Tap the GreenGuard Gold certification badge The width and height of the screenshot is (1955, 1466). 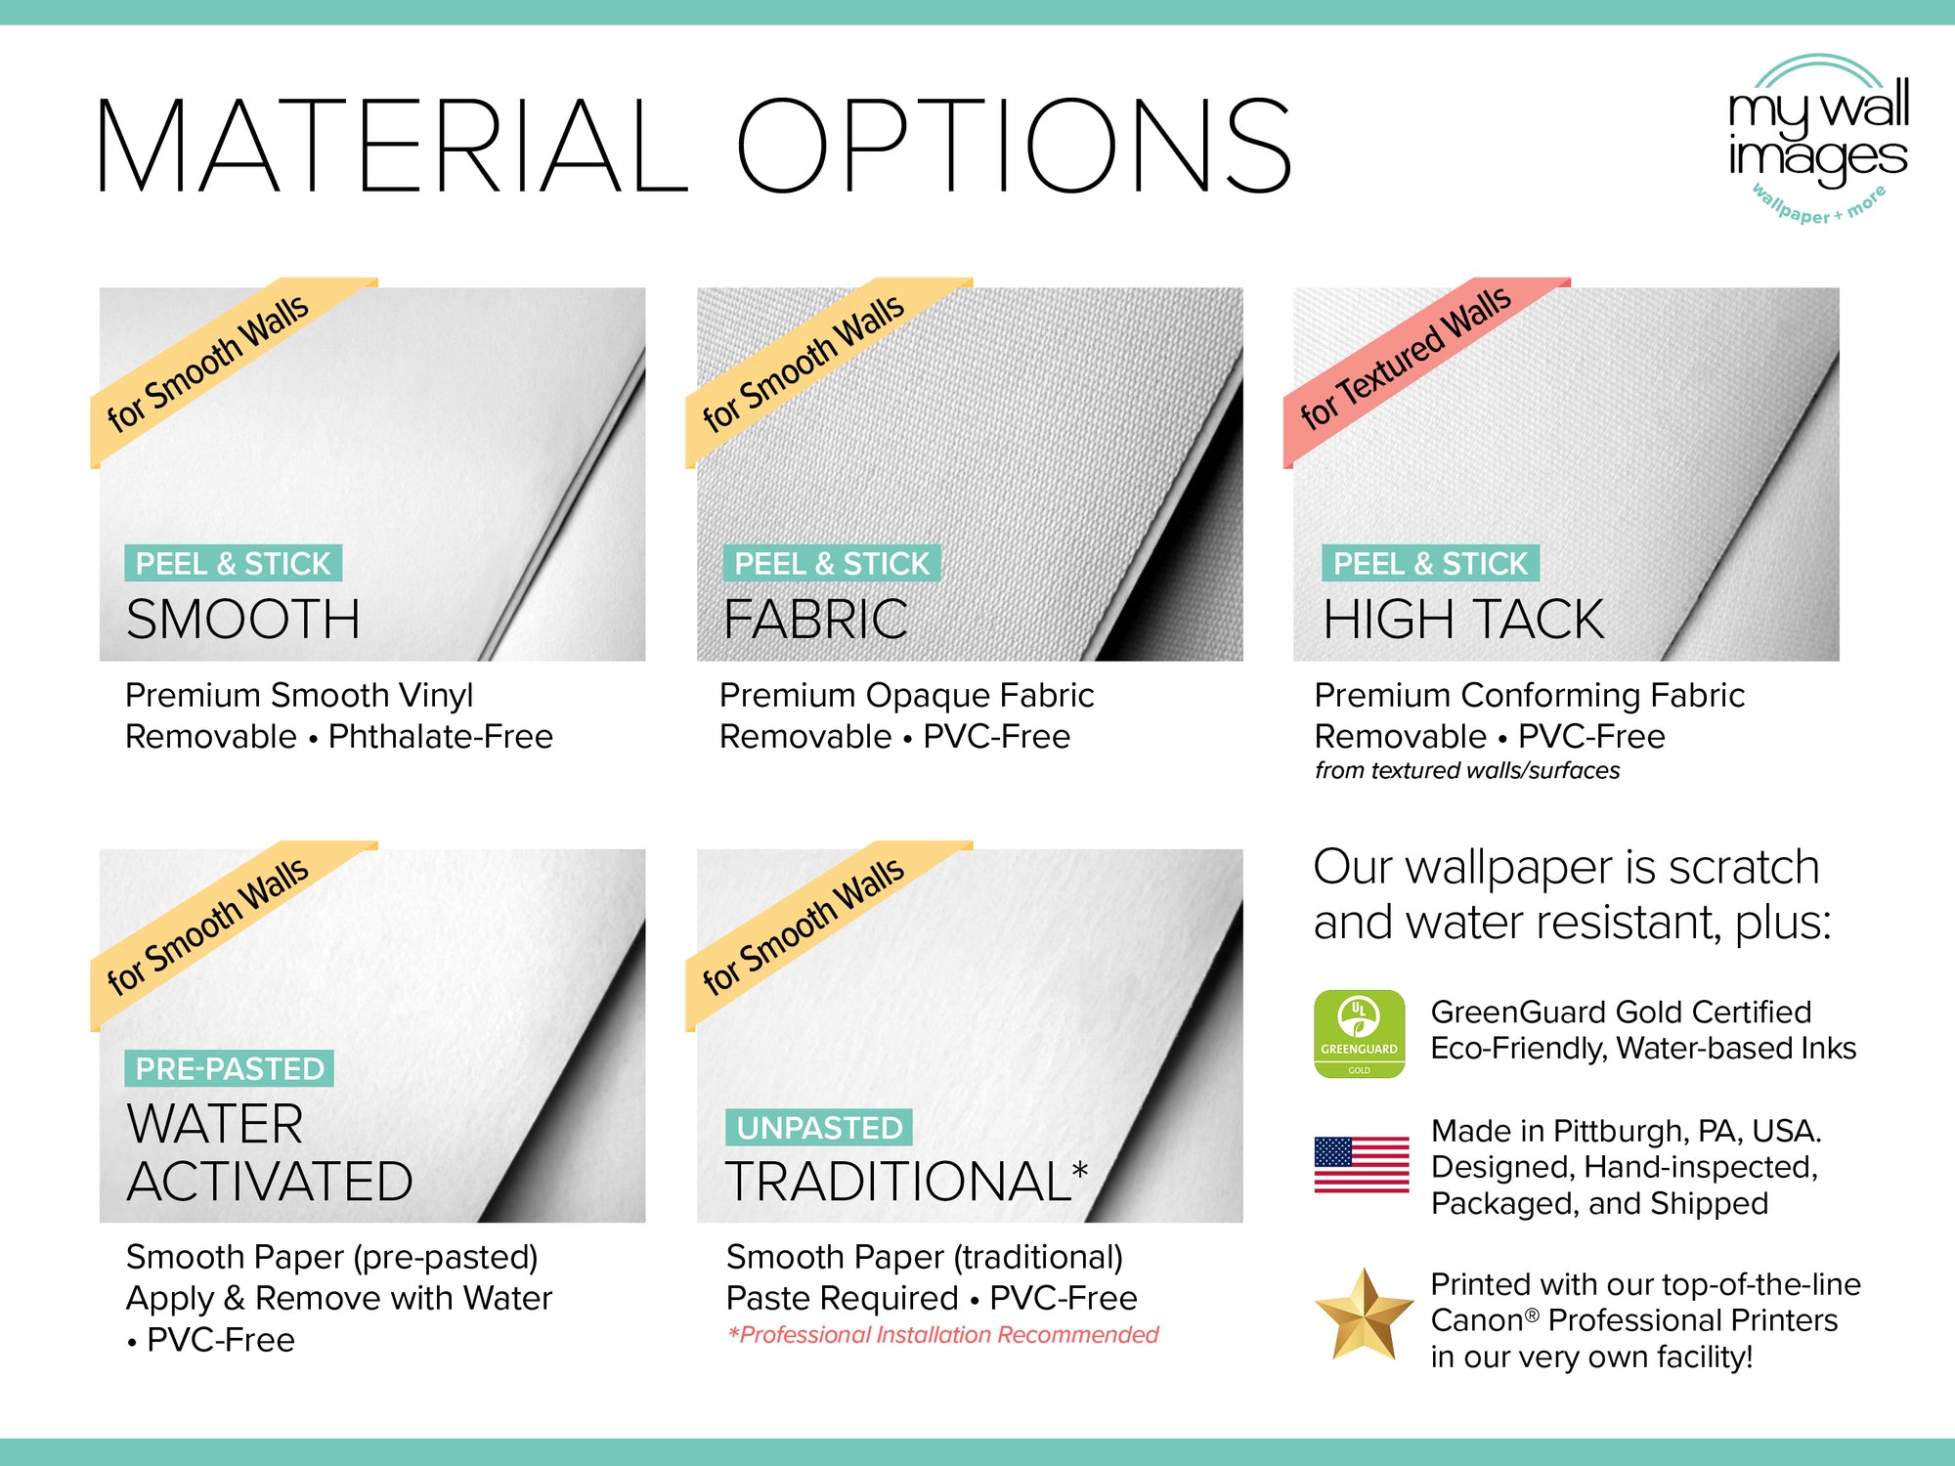[1359, 1034]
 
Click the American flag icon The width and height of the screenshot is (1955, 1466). [1361, 1165]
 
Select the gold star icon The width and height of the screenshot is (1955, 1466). [1363, 1315]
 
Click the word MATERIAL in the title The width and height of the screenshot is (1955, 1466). [391, 147]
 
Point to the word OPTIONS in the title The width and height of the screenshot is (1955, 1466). [1014, 147]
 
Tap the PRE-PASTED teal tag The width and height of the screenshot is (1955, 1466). [230, 1068]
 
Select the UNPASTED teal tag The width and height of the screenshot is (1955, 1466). [819, 1128]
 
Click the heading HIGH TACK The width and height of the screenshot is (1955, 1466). [1463, 620]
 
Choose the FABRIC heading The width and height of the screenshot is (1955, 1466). [816, 620]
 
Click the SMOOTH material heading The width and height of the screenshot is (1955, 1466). [243, 620]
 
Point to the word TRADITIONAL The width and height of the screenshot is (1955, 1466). [898, 1182]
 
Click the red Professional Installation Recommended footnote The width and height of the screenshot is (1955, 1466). [943, 1335]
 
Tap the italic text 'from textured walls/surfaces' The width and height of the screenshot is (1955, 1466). [1466, 771]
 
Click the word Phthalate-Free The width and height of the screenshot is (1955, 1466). [441, 737]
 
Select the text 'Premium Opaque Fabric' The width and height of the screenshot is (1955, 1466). [906, 696]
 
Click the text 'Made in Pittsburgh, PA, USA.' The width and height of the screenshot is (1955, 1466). [1626, 1131]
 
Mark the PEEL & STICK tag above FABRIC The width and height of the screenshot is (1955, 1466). [832, 564]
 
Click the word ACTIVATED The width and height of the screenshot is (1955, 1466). [270, 1182]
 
